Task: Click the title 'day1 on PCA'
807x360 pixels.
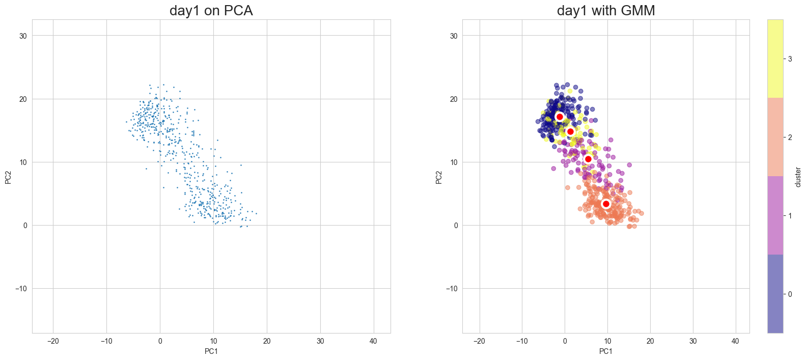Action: click(211, 11)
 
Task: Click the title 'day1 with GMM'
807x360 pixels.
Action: click(605, 11)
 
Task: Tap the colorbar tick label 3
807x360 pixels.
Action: click(790, 59)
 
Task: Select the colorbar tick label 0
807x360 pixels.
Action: click(790, 294)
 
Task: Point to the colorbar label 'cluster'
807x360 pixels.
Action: click(798, 177)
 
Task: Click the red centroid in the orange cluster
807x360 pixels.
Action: click(606, 204)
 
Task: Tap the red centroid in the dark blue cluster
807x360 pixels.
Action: click(560, 117)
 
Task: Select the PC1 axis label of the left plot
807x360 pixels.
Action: click(211, 351)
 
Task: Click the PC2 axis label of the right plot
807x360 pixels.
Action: click(439, 177)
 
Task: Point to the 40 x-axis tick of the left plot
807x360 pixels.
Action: click(373, 341)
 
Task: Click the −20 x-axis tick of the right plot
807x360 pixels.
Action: click(479, 341)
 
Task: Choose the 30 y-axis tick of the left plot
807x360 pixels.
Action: click(23, 36)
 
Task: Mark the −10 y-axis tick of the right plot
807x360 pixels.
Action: click(452, 289)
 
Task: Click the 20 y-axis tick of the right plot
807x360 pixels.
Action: click(454, 99)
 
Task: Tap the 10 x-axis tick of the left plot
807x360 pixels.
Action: click(213, 341)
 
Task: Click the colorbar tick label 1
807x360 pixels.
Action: click(790, 216)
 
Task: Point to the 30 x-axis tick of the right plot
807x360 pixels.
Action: click(693, 341)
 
